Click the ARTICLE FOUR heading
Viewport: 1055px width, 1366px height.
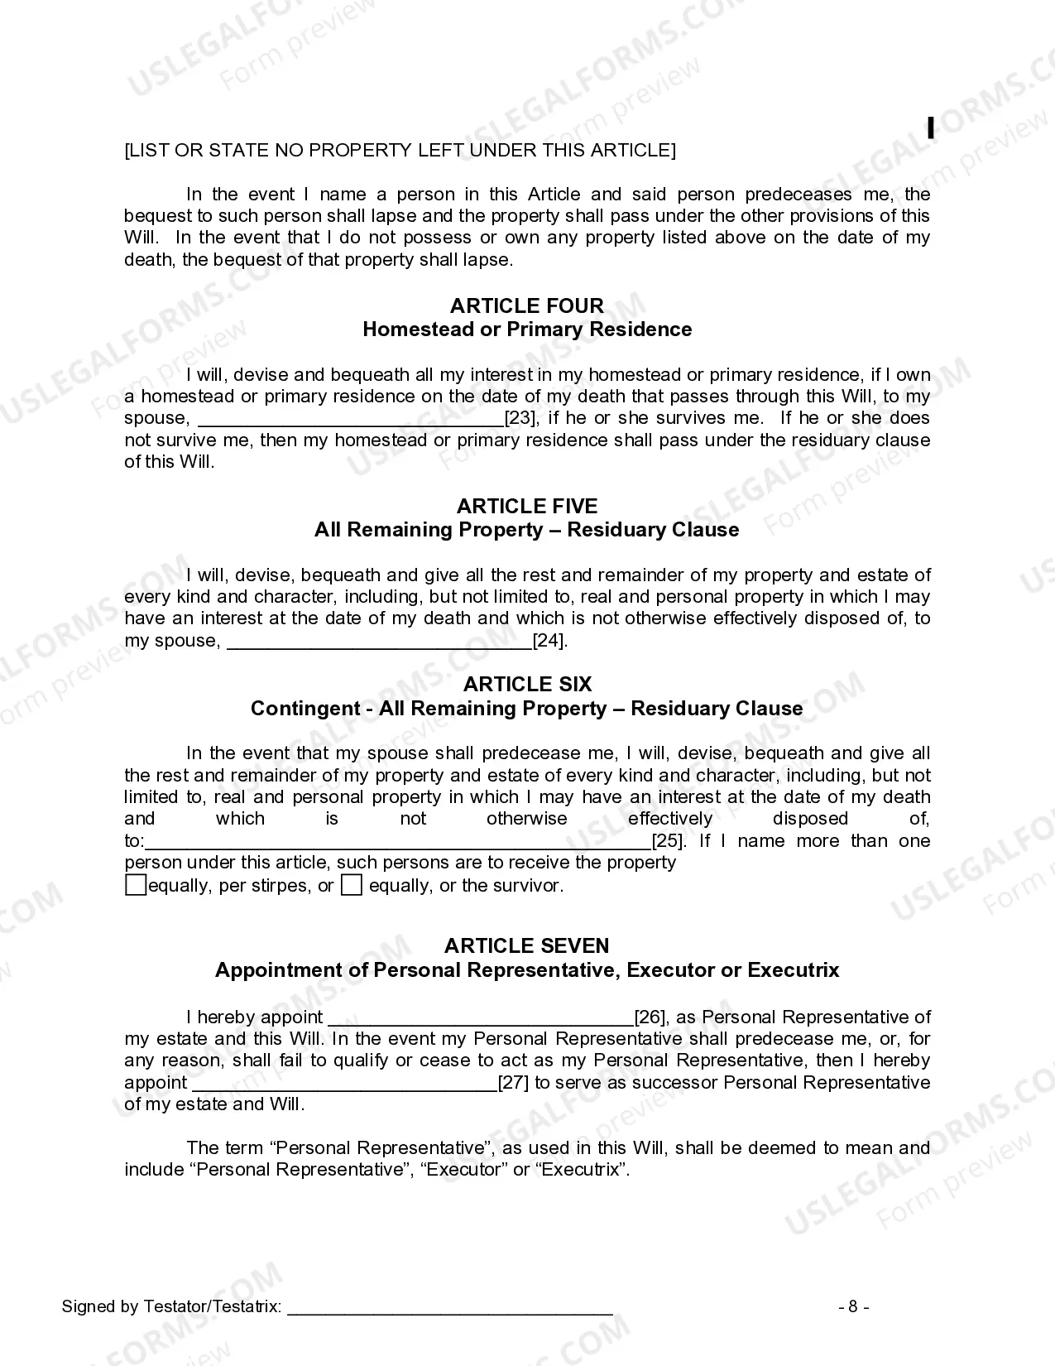pyautogui.click(x=527, y=305)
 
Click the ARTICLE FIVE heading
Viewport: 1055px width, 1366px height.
pyautogui.click(x=527, y=506)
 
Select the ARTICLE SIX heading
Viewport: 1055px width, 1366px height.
pyautogui.click(x=527, y=684)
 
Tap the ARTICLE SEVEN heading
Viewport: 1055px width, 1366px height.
pyautogui.click(x=527, y=945)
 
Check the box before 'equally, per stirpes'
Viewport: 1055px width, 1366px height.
pyautogui.click(x=135, y=885)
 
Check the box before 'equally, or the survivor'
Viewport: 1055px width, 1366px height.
pyautogui.click(x=352, y=885)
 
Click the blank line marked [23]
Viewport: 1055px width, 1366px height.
pyautogui.click(x=352, y=421)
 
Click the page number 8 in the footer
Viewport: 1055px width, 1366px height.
pyautogui.click(x=853, y=1306)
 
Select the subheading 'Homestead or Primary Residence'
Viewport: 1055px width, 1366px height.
pyautogui.click(x=527, y=329)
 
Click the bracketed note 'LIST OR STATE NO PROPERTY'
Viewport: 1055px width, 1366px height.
pyautogui.click(x=400, y=150)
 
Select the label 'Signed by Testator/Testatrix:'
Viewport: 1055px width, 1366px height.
pyautogui.click(x=171, y=1306)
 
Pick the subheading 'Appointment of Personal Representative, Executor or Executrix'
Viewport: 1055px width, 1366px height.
pyautogui.click(x=527, y=970)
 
